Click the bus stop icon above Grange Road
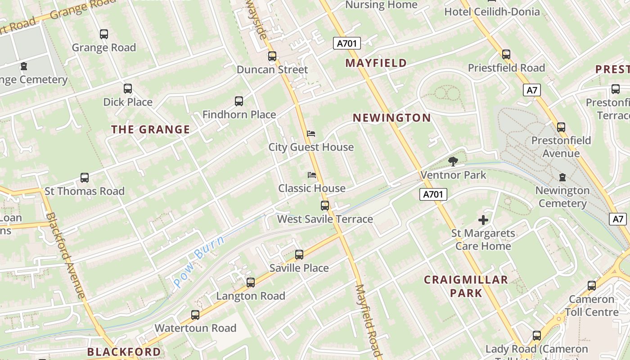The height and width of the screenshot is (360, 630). (x=104, y=34)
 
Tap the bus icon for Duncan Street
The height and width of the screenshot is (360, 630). (x=272, y=56)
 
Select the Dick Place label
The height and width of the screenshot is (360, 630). (x=128, y=102)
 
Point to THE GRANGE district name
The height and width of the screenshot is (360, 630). (x=150, y=130)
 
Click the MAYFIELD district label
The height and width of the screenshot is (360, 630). (x=376, y=63)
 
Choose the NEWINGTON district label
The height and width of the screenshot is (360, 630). (x=391, y=118)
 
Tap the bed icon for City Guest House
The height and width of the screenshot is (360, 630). (x=311, y=134)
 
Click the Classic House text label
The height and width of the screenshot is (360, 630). (x=312, y=188)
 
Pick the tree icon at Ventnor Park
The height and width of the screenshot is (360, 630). (x=453, y=161)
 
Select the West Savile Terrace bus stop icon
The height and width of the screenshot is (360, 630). (x=325, y=206)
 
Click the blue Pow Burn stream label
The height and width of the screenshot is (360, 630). (x=198, y=262)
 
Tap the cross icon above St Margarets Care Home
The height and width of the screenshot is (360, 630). (x=483, y=220)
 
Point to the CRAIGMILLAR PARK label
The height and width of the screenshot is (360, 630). (x=466, y=286)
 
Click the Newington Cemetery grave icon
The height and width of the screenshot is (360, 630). (x=562, y=177)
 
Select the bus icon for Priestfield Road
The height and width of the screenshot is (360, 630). (x=506, y=54)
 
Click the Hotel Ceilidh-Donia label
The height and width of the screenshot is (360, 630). (x=492, y=12)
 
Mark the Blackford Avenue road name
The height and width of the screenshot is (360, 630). (x=66, y=255)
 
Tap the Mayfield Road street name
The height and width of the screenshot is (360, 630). (x=369, y=319)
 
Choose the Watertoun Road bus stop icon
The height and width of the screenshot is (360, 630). (x=195, y=315)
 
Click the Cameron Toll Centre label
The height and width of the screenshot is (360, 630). (x=591, y=306)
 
